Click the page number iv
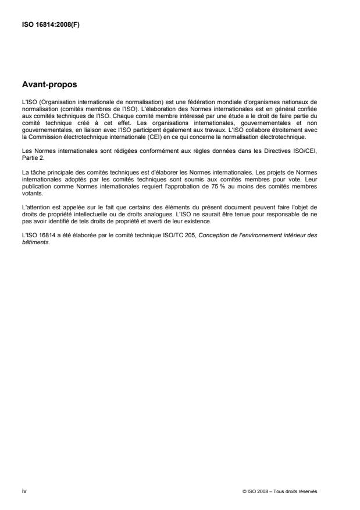[x=24, y=491]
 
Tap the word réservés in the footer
[x=308, y=492]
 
